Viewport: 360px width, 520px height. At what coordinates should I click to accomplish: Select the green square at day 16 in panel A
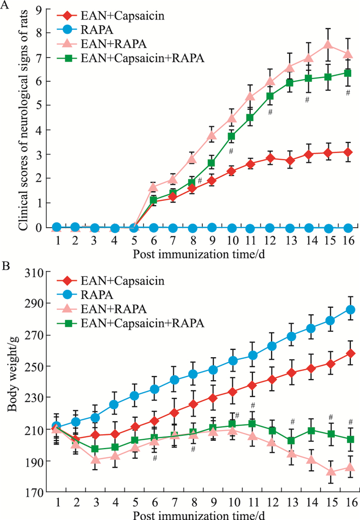tap(348, 73)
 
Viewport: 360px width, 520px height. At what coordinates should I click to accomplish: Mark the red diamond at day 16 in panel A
tap(348, 152)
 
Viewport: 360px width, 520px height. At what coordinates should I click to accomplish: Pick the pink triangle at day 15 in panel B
tap(329, 471)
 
